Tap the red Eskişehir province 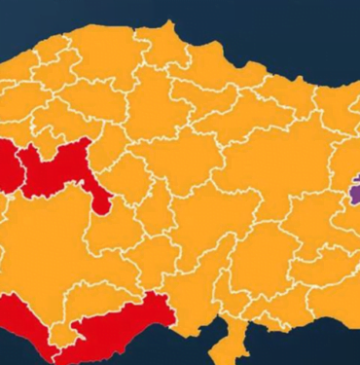tap(8, 166)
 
